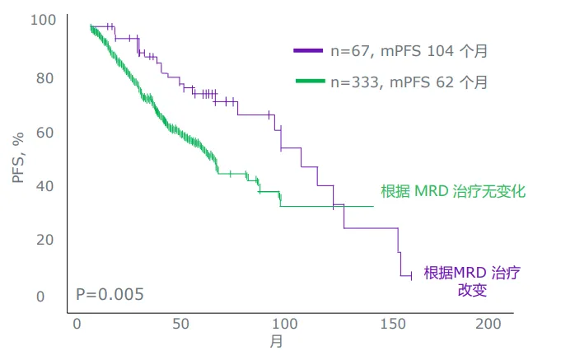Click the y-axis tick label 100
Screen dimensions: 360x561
point(44,19)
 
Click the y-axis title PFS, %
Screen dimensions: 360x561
point(19,156)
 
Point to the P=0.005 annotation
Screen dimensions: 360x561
point(110,294)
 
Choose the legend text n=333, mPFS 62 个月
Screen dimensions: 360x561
point(409,82)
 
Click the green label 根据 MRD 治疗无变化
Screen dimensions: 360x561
point(453,191)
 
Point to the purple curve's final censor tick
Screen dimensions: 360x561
point(403,276)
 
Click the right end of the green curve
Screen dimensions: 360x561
point(374,206)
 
